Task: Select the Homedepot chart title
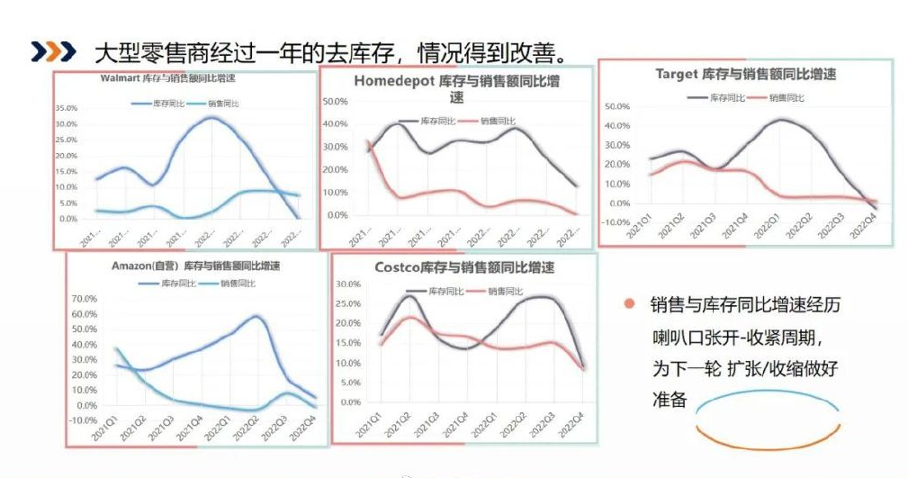[x=456, y=88]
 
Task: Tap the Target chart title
[x=745, y=75]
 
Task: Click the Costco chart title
[x=464, y=268]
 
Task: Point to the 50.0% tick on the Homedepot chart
[x=335, y=101]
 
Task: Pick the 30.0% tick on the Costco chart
[x=347, y=284]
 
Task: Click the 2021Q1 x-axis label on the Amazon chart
[x=103, y=430]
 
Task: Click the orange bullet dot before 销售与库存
[x=628, y=304]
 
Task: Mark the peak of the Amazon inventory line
[x=257, y=316]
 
